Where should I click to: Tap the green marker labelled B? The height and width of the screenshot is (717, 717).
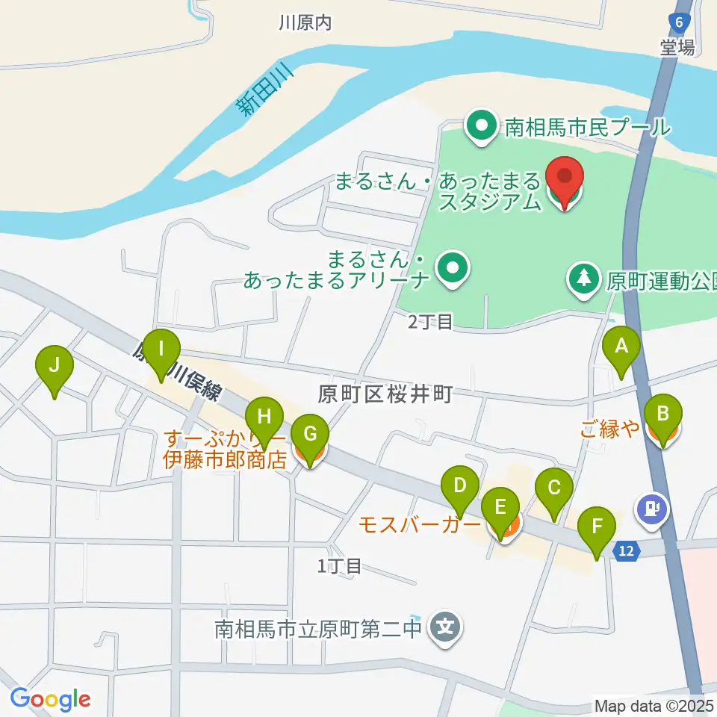[662, 416]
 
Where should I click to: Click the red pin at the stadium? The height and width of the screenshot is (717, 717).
[565, 179]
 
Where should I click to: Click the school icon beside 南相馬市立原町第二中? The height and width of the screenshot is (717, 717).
[446, 626]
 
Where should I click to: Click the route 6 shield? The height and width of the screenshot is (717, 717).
[678, 22]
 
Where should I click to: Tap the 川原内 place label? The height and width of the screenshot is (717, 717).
[304, 23]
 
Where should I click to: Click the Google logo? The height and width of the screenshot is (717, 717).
[50, 700]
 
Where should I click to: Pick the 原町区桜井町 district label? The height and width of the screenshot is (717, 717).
[385, 395]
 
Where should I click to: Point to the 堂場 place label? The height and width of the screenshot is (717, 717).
[677, 48]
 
